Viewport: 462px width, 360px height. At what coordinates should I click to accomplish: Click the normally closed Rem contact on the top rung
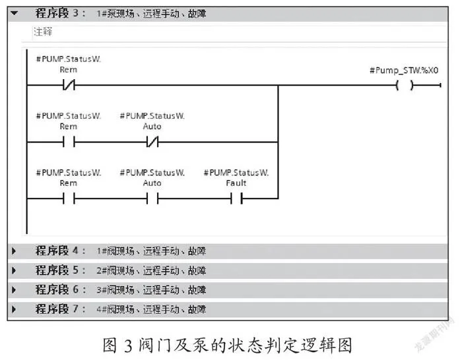69,85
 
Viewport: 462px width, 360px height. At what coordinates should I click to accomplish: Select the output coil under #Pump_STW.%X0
405,85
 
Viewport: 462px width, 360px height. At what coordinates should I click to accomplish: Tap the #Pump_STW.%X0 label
404,71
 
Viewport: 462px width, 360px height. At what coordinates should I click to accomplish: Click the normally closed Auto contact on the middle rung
152,142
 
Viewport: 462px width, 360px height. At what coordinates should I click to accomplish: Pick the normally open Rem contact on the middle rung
69,142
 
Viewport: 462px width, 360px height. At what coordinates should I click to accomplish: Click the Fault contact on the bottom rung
236,198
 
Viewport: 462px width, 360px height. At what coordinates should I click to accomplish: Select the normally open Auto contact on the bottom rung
152,198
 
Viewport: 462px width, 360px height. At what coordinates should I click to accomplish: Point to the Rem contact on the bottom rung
69,198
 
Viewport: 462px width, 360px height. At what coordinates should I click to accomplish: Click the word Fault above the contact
236,183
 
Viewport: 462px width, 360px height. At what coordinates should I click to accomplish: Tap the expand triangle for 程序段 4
14,251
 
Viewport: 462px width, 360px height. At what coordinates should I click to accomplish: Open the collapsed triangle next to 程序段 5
14,270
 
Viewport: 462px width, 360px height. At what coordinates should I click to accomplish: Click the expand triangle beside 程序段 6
14,290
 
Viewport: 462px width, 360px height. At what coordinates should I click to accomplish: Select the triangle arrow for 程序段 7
14,309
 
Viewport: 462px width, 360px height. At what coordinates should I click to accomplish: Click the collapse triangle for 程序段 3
14,13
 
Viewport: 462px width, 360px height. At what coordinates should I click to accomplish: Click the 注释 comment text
43,32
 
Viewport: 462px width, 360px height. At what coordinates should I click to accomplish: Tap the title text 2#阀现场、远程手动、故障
151,270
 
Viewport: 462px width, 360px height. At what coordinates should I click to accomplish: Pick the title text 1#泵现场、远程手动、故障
151,14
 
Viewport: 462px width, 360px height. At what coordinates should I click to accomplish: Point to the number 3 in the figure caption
129,346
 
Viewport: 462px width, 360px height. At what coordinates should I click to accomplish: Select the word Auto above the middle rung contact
152,127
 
